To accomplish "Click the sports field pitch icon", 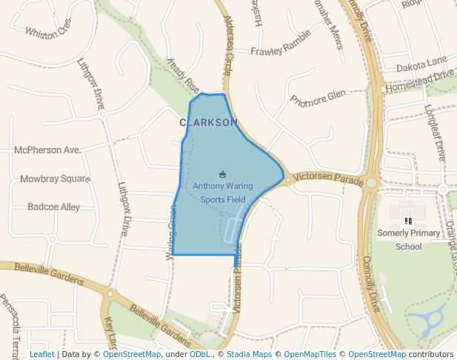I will point(223,174).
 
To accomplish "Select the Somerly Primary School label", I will point(408,239).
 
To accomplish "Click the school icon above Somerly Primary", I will point(408,221).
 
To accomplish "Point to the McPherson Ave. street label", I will point(47,150).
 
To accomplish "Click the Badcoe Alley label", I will point(53,207).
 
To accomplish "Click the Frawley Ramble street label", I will point(281,51).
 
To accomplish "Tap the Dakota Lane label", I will point(421,65).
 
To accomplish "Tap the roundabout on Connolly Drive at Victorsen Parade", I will point(371,182).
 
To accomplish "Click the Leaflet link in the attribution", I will point(41,354).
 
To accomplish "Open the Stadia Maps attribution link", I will point(248,354).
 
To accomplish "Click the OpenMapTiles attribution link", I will point(311,354).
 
